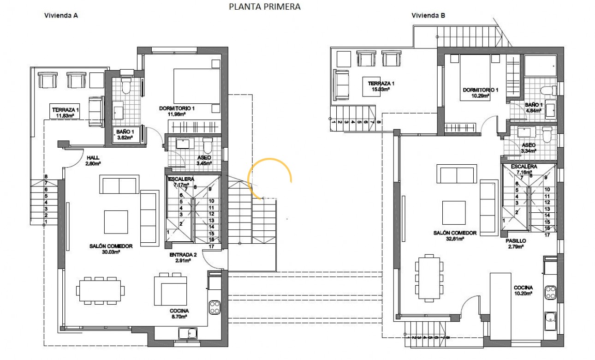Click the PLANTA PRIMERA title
(x=265, y=6)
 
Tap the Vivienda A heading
(x=60, y=15)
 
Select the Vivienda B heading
(x=428, y=15)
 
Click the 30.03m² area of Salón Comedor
(x=111, y=252)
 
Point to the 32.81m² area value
(x=455, y=239)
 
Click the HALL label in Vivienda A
(x=93, y=157)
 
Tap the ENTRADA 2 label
(x=183, y=255)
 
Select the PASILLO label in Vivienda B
(x=515, y=241)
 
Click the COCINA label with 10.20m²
(x=524, y=288)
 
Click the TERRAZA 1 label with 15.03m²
(x=381, y=84)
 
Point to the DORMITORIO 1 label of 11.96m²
(x=177, y=108)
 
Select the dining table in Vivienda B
(x=429, y=278)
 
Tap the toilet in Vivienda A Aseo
(x=208, y=146)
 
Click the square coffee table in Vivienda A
(x=116, y=222)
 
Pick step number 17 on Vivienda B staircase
(x=547, y=235)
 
